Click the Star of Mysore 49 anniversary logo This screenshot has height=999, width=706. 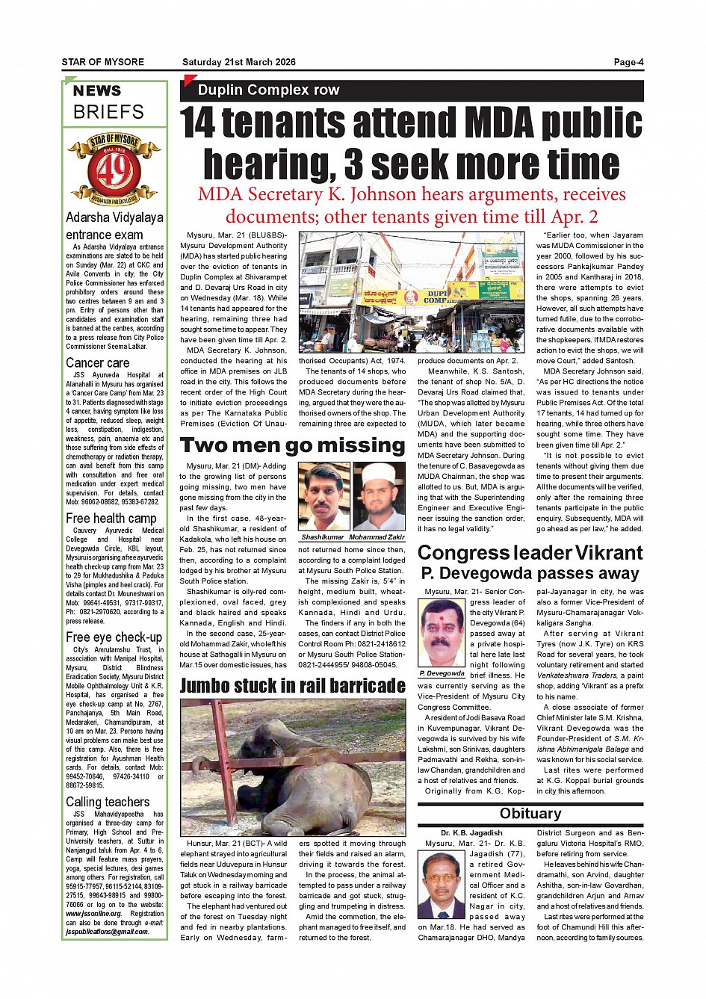(114, 169)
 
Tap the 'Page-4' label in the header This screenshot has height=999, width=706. (628, 62)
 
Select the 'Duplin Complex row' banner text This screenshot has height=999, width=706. (268, 90)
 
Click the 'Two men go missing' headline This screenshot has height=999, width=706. (292, 446)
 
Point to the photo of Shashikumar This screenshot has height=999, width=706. (323, 497)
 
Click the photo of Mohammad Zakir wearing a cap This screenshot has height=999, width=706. (379, 497)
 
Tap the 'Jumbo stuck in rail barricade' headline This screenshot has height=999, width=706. (292, 685)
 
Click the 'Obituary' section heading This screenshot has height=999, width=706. (530, 814)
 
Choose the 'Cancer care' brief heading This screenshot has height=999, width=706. (97, 363)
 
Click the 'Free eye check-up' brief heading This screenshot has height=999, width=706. (114, 637)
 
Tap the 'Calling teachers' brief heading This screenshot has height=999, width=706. (108, 802)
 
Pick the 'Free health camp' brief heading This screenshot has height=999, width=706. (111, 519)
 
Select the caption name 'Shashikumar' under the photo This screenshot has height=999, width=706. (323, 537)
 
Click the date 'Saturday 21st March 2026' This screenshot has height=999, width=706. (239, 62)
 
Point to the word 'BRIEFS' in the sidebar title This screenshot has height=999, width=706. (108, 112)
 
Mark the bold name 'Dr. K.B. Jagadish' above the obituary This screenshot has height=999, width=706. (471, 832)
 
